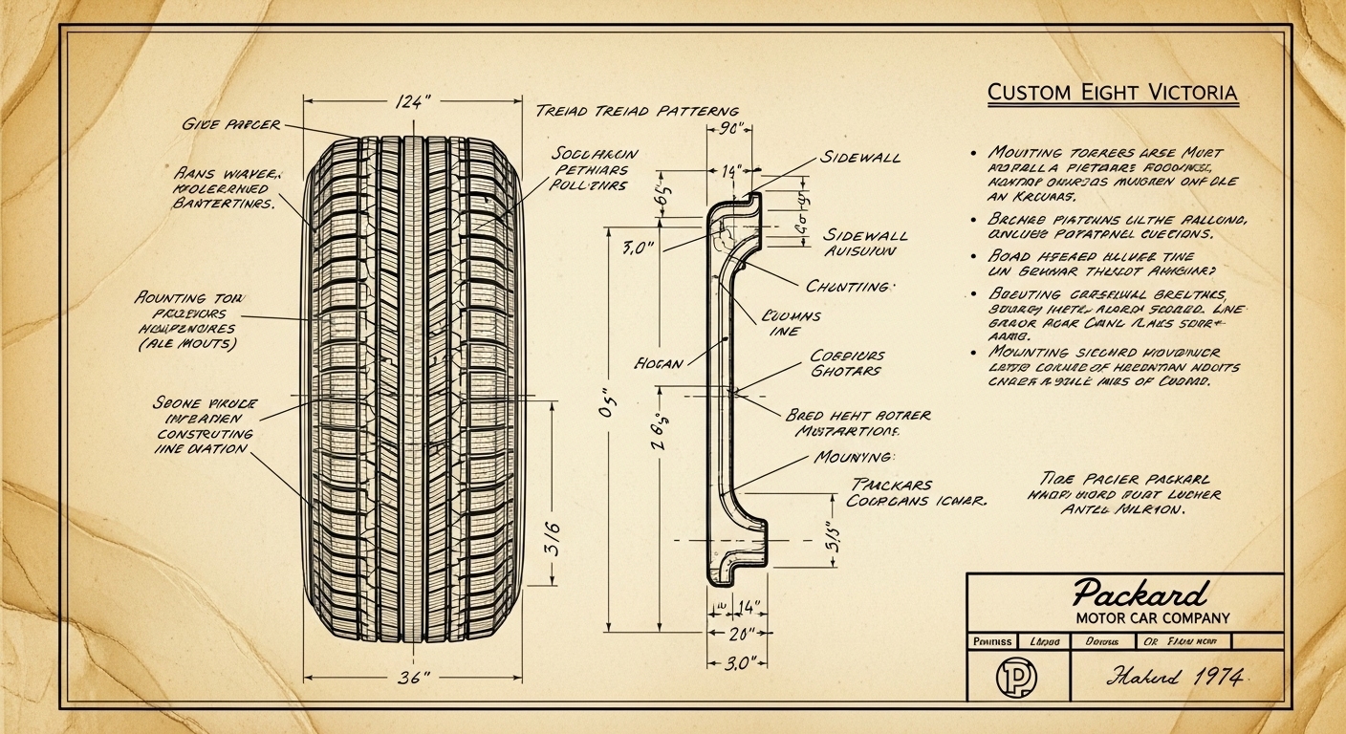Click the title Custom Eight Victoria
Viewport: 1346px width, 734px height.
[x=1112, y=94]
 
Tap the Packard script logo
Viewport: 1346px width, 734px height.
[x=1139, y=595]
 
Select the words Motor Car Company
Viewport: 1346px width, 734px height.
[x=1139, y=618]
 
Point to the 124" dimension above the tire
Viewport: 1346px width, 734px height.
[x=412, y=103]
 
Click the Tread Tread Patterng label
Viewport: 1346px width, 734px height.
[x=638, y=112]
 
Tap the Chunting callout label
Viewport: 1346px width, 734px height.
[x=848, y=286]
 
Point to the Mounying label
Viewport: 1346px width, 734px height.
[x=854, y=457]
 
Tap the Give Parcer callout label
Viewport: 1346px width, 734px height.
[x=230, y=124]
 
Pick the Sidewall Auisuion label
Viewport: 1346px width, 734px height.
[x=864, y=243]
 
